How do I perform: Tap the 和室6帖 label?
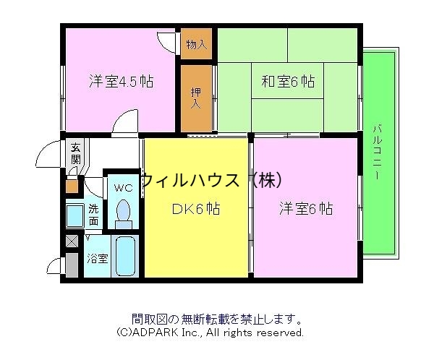point(288,82)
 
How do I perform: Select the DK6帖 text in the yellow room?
point(195,209)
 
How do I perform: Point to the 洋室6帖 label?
point(306,209)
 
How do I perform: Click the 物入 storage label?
point(196,45)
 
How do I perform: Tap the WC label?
point(123,188)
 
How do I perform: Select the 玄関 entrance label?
point(75,155)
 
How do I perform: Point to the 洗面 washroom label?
point(94,215)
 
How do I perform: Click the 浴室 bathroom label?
point(98,258)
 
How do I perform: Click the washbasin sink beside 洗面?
point(75,216)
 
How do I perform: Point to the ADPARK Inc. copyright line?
point(210,333)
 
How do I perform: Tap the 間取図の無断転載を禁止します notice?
point(217,319)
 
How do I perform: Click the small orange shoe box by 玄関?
point(72,186)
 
